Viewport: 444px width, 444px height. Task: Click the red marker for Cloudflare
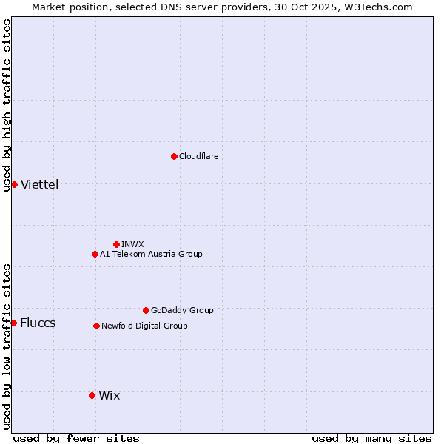[174, 156]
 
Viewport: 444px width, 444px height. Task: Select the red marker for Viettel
[14, 184]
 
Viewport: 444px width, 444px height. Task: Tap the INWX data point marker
[116, 244]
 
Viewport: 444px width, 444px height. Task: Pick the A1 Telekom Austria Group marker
[95, 254]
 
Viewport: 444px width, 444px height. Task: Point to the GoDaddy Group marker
[146, 310]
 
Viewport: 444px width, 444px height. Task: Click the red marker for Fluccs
[13, 323]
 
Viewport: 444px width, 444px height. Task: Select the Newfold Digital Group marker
[96, 326]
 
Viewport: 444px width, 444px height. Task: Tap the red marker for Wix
[92, 395]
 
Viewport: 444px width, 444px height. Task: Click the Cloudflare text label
[199, 156]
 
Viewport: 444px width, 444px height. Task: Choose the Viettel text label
[39, 184]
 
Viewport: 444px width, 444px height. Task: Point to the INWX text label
[133, 244]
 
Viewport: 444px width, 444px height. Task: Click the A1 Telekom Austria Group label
[151, 254]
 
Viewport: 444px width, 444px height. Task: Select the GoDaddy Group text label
[182, 310]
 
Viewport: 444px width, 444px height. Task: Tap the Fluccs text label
[38, 323]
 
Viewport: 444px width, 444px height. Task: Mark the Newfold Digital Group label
[144, 326]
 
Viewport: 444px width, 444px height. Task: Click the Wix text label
[109, 395]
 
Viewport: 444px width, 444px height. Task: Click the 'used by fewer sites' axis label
[76, 438]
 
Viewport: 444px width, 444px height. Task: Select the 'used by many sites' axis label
[371, 438]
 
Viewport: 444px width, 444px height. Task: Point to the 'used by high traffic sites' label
[7, 105]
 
